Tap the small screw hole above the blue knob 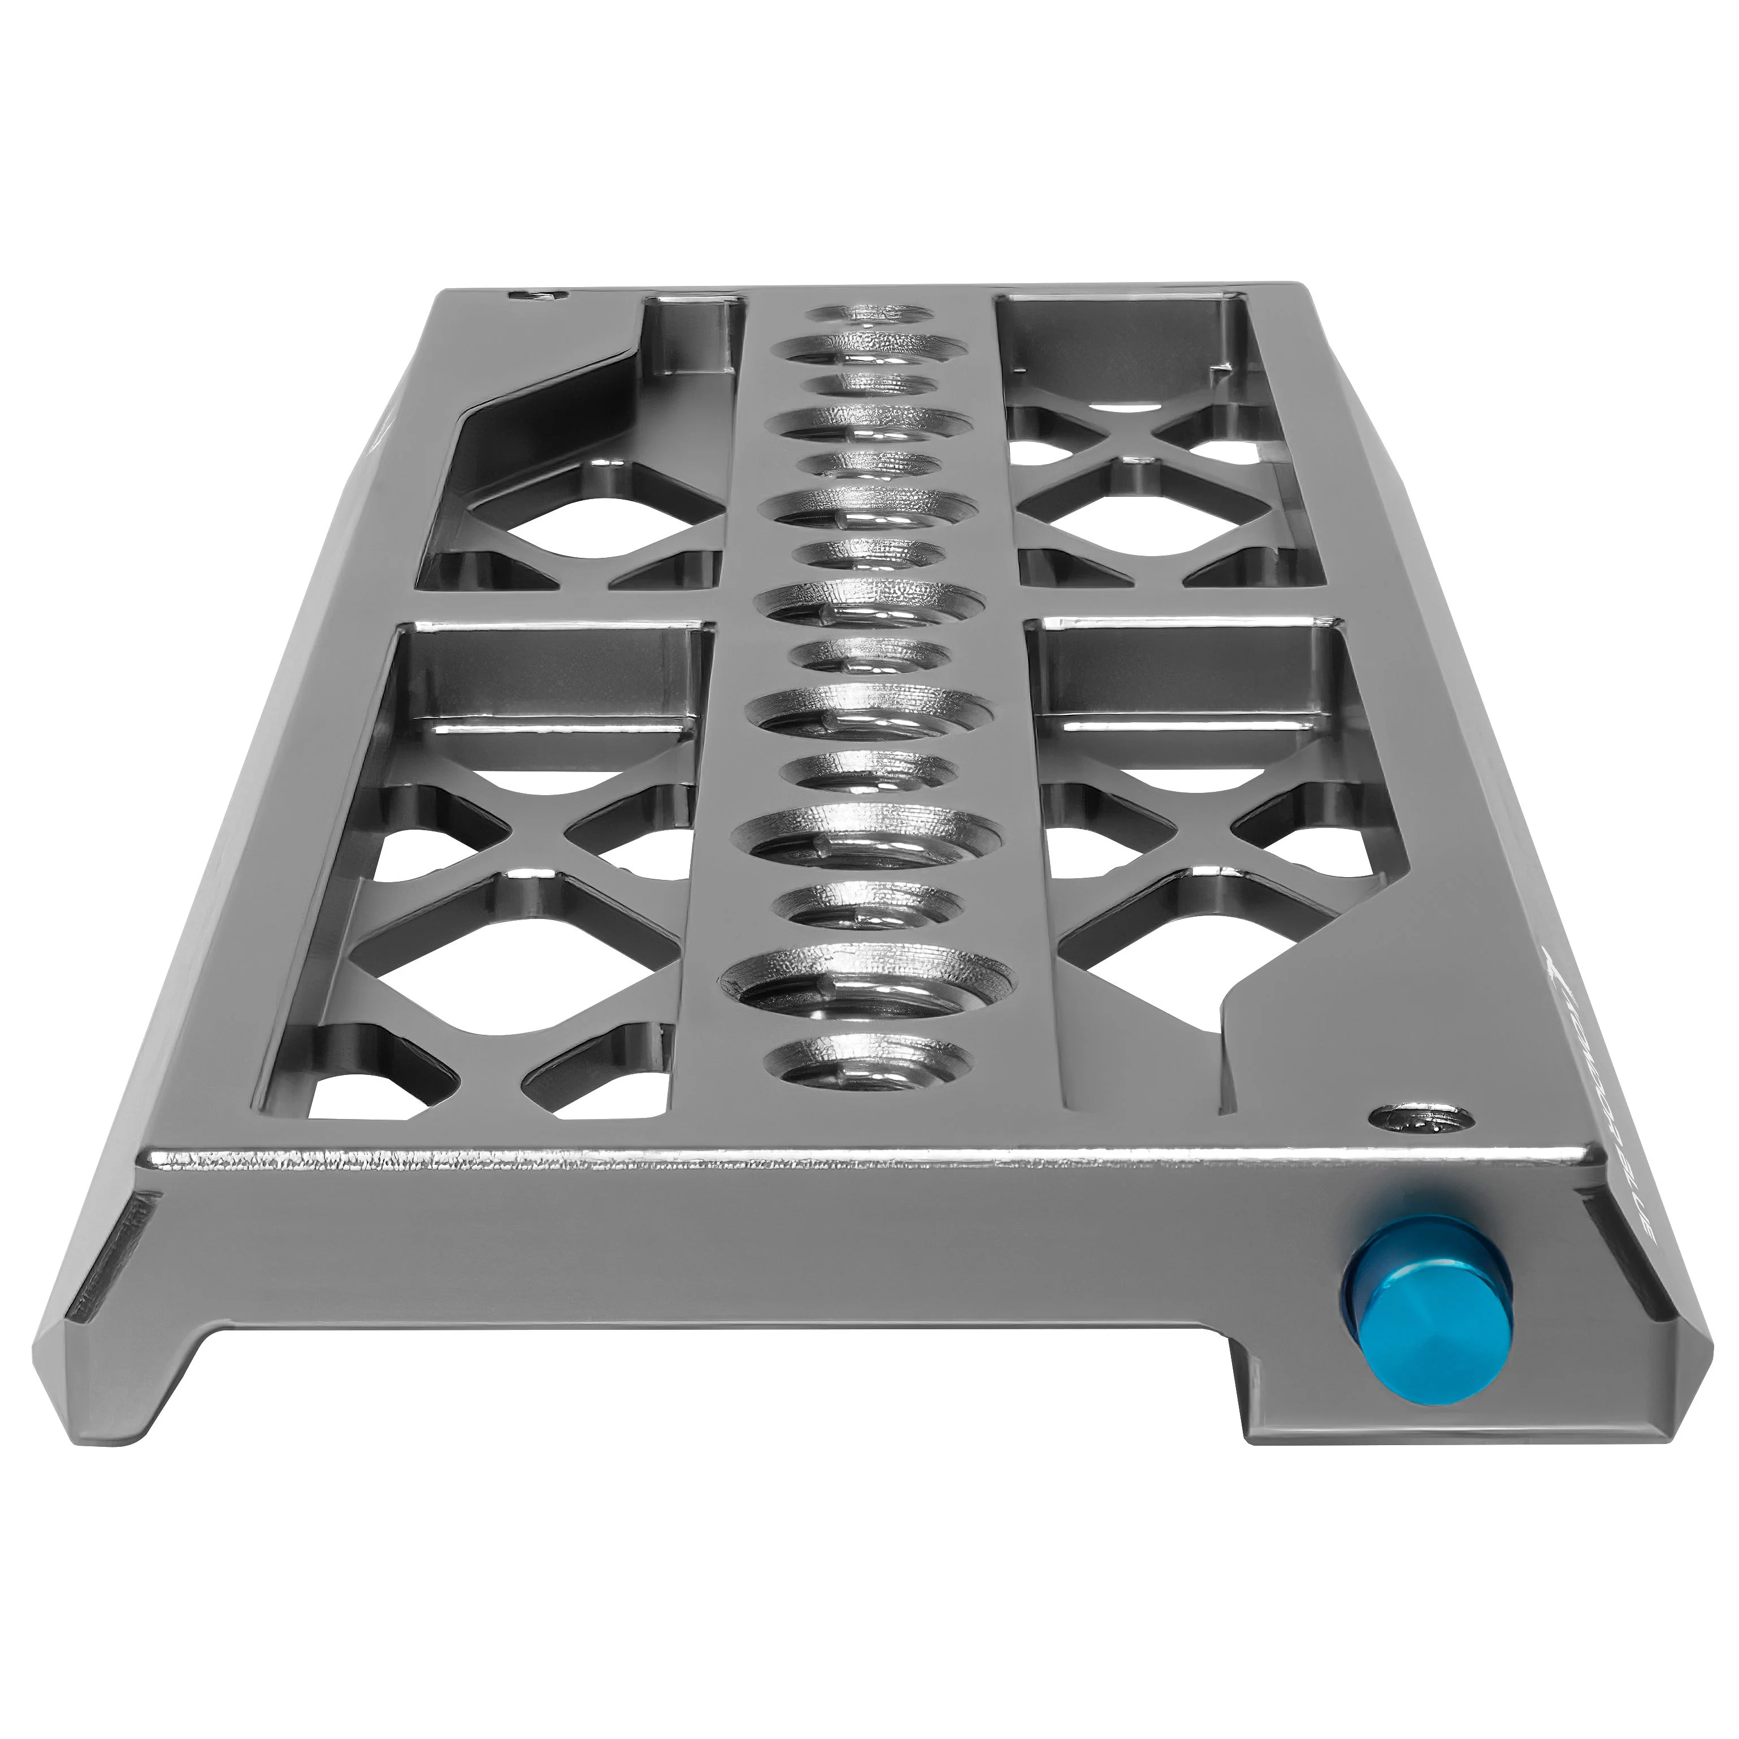[1422, 1120]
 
